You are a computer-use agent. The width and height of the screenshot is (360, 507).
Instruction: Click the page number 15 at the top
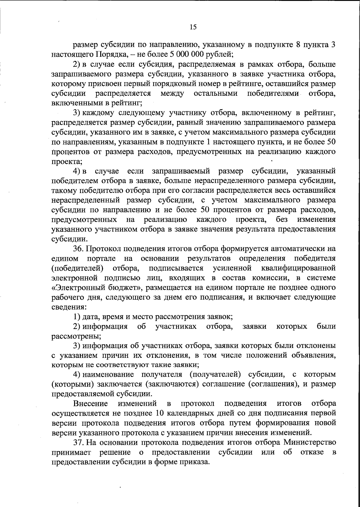[193, 27]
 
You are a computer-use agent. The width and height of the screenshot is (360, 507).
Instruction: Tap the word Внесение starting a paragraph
[90, 403]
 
